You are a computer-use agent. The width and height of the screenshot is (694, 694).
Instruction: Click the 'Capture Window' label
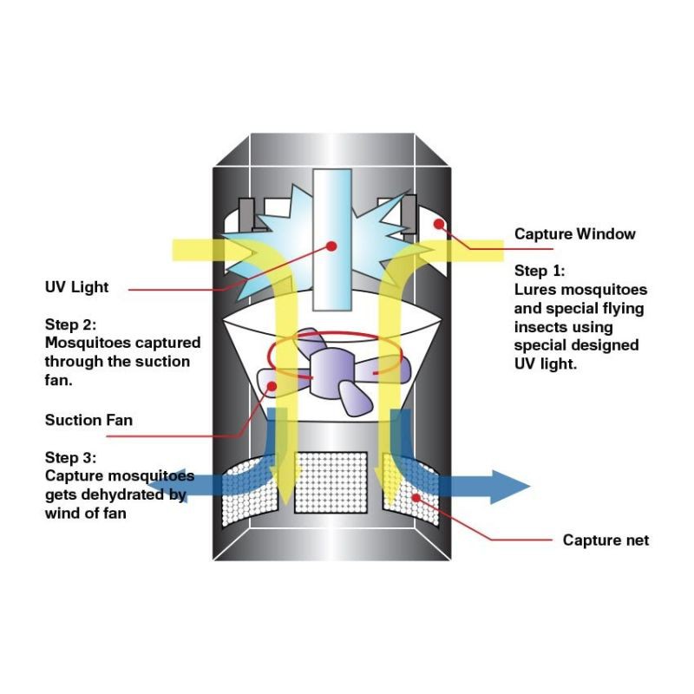(x=574, y=234)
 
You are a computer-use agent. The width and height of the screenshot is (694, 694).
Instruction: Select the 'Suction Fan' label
(x=88, y=421)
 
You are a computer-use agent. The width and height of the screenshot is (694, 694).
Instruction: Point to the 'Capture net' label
(x=606, y=540)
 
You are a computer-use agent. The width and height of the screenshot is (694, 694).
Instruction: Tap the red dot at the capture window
(x=441, y=223)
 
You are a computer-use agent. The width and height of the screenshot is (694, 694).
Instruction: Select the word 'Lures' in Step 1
(x=534, y=289)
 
